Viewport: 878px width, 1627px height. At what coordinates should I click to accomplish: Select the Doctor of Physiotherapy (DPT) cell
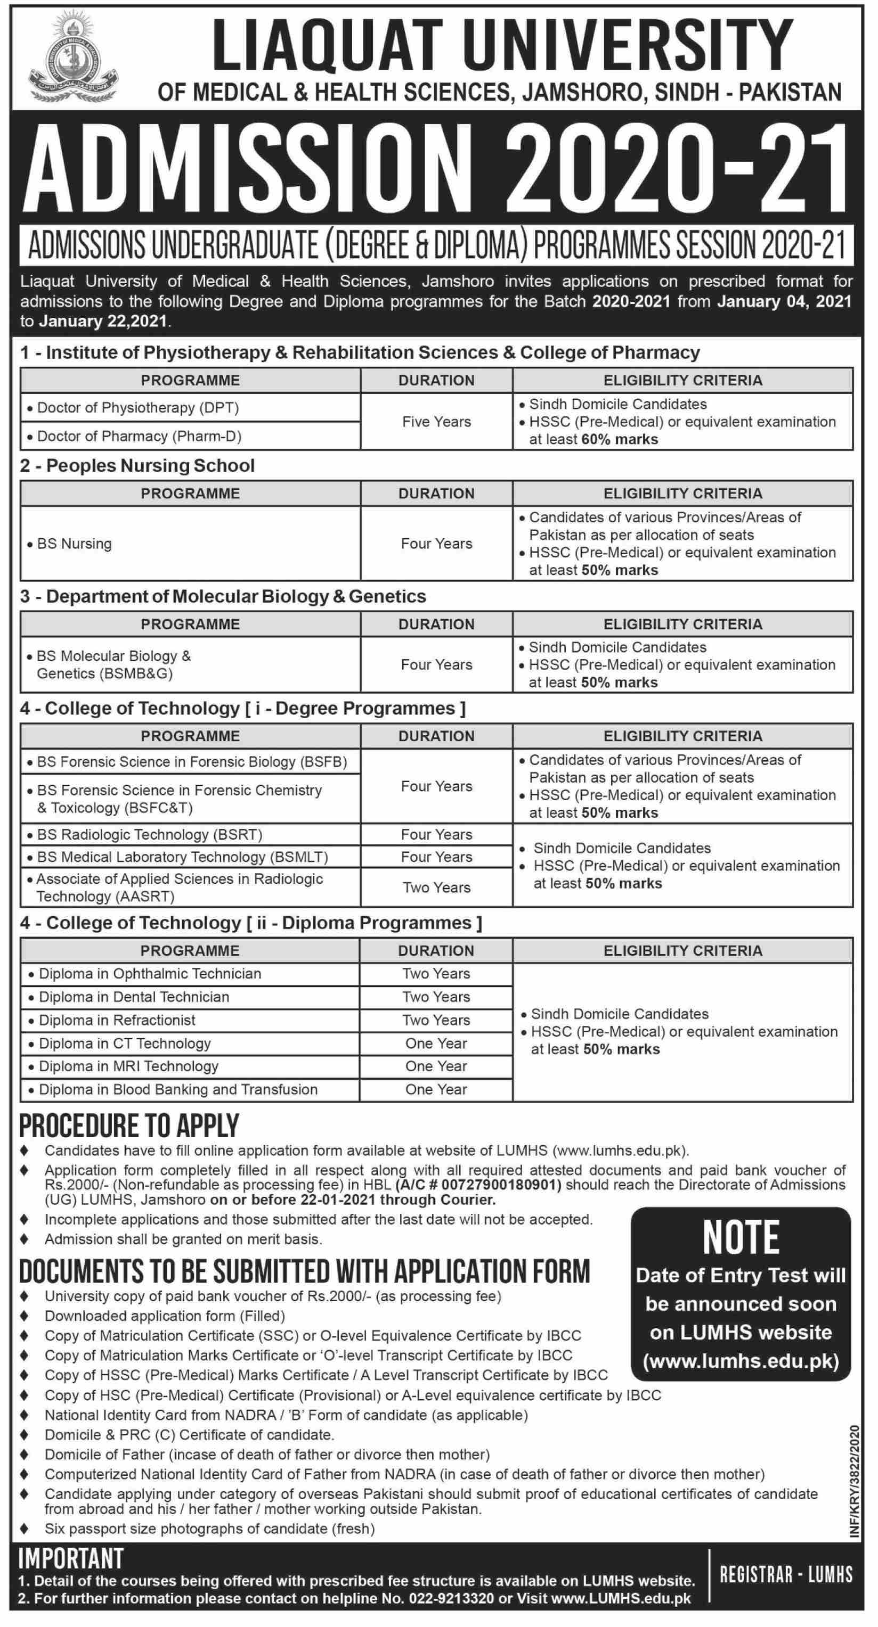click(139, 408)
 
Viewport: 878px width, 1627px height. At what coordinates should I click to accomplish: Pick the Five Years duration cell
click(436, 422)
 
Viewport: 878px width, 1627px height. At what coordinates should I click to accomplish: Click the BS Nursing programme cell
click(75, 544)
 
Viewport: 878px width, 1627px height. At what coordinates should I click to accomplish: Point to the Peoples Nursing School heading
click(150, 466)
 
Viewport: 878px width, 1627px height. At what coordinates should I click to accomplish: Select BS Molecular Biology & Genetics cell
click(114, 664)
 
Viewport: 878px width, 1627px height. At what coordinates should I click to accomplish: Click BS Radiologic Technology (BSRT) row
click(150, 834)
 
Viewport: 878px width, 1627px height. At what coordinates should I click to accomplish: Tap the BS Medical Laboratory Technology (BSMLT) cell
click(183, 857)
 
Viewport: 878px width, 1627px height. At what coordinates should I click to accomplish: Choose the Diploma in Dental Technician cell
click(134, 997)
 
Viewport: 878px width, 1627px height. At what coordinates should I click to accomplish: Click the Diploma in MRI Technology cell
click(128, 1066)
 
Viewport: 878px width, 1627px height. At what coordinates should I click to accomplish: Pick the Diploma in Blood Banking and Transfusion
click(178, 1089)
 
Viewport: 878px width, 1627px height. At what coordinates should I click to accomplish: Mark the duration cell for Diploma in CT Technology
click(436, 1043)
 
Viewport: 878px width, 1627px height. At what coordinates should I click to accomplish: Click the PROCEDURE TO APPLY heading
click(129, 1125)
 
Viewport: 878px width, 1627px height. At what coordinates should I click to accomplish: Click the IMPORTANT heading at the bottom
click(71, 1558)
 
